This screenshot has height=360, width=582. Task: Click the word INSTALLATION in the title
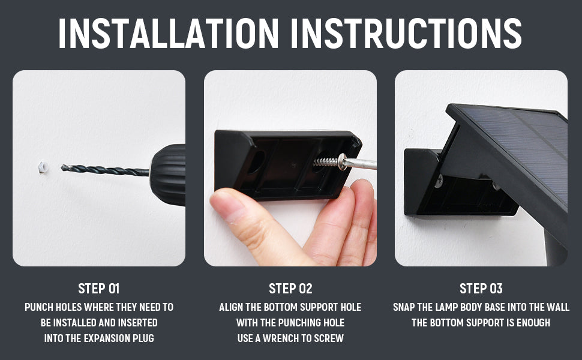pyautogui.click(x=169, y=33)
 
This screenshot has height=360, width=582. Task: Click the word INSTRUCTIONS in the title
pyautogui.click(x=406, y=33)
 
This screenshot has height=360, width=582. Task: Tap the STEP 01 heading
pyautogui.click(x=99, y=289)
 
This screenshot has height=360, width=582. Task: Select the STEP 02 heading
pyautogui.click(x=290, y=289)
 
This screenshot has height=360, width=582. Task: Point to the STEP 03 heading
pyautogui.click(x=481, y=289)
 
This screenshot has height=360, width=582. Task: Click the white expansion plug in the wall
pyautogui.click(x=43, y=167)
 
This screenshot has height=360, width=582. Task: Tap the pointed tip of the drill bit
pyautogui.click(x=62, y=168)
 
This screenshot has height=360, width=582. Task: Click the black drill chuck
pyautogui.click(x=168, y=175)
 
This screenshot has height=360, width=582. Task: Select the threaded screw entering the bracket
pyautogui.click(x=326, y=161)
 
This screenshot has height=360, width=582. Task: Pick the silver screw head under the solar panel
pyautogui.click(x=439, y=181)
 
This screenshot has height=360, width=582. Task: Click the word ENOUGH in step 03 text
pyautogui.click(x=533, y=323)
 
